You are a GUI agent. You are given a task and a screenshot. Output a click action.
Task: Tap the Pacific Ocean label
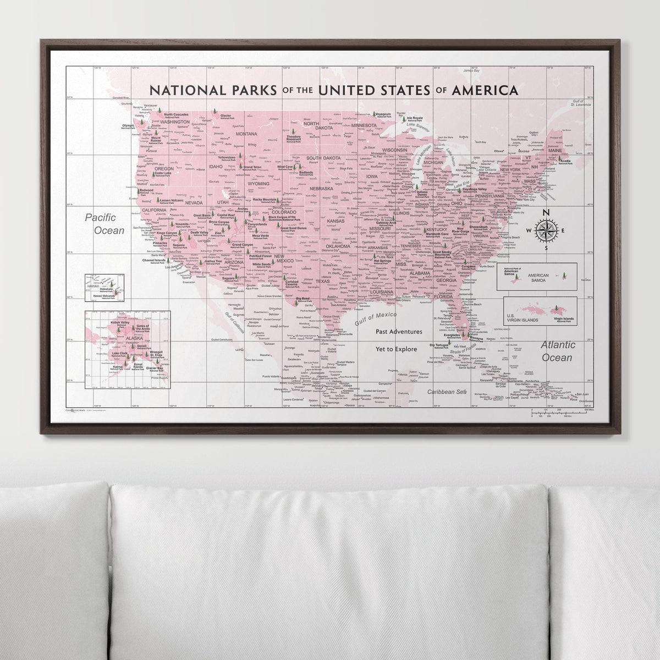point(105,224)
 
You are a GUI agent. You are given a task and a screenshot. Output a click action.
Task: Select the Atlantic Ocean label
point(557,351)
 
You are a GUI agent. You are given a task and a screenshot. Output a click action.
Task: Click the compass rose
point(546,230)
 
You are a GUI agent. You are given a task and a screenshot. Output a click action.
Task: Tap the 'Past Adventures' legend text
point(399,332)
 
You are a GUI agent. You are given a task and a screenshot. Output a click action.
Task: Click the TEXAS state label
point(322,281)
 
